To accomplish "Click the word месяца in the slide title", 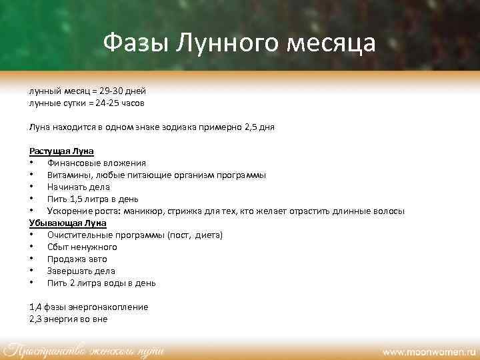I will pos(331,43).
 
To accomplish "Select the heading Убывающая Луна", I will pos(67,223).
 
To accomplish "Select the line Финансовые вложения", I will pos(97,163).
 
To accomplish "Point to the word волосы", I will pos(387,211).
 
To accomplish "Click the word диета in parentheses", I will pos(207,235).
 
